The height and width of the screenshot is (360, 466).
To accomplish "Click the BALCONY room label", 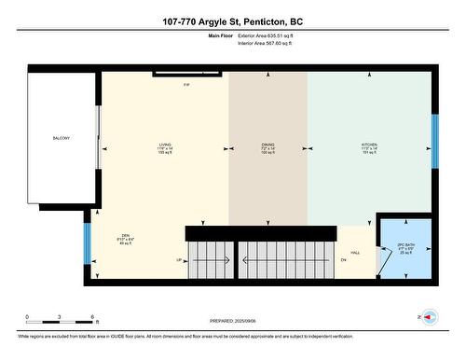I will pos(61,139).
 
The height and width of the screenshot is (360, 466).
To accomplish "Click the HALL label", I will pos(354,253).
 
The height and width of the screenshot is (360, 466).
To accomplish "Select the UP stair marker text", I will pos(179,259).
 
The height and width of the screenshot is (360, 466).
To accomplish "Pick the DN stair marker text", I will pos(342,259).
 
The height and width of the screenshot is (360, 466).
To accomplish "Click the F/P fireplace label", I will pos(186,85).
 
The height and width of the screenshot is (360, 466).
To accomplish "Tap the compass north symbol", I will pos(430,317).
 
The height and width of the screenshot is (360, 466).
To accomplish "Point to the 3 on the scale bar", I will pos(60,318).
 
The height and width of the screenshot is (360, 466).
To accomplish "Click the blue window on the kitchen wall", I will pos(433,140).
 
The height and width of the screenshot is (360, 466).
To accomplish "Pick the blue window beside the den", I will pos(88,242).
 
